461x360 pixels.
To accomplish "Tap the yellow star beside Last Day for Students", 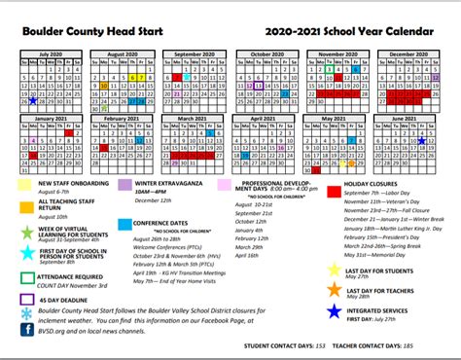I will coord(335,270).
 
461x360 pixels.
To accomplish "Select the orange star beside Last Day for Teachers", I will coord(335,289).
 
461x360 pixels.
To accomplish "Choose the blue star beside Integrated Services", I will coord(335,309).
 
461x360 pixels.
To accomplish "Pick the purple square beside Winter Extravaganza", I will coord(124,185).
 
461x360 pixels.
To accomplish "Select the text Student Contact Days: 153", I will coord(285,346).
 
